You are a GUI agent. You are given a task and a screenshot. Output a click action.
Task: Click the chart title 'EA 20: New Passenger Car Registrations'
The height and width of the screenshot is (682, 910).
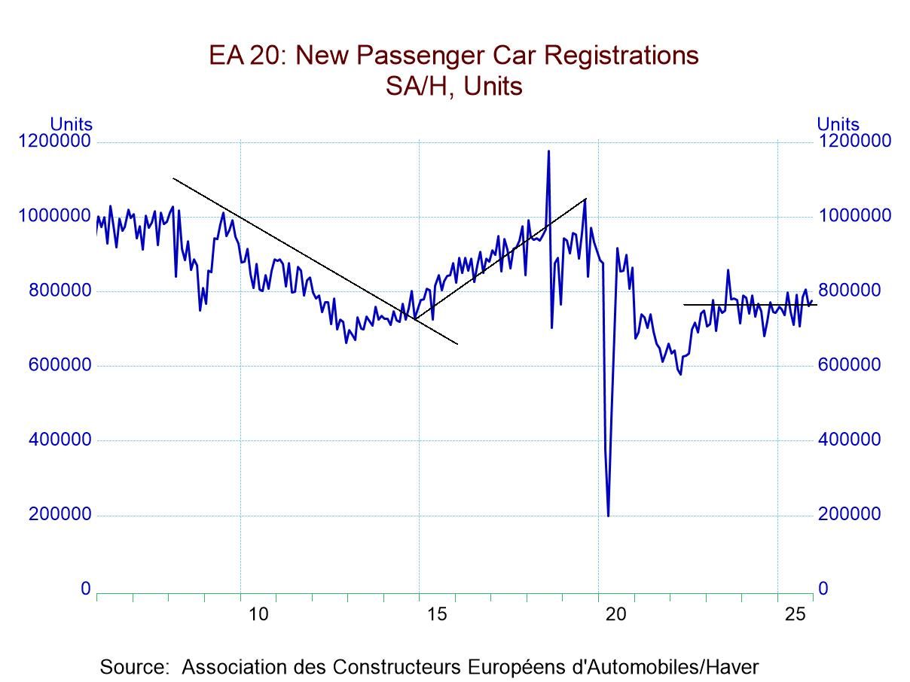[x=454, y=56]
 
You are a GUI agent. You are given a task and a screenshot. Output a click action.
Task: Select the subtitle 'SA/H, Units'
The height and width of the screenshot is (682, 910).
[x=454, y=87]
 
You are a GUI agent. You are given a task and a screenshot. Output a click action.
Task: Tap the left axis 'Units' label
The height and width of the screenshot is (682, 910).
[x=71, y=124]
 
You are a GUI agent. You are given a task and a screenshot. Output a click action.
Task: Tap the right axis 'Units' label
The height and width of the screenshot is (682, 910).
[x=838, y=124]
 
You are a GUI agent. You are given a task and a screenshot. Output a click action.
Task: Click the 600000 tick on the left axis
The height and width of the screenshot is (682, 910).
[x=60, y=365]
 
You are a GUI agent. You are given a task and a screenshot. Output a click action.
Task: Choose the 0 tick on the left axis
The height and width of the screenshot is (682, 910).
[x=86, y=589]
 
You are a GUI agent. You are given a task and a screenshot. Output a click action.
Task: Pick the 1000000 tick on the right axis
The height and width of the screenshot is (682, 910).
[x=854, y=216]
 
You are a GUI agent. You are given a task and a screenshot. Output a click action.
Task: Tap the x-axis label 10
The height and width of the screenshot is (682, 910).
[x=258, y=614]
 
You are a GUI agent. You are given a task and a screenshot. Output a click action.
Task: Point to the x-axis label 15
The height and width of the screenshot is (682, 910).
[x=438, y=614]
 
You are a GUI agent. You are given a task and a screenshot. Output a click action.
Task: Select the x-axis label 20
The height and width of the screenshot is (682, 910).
[x=616, y=614]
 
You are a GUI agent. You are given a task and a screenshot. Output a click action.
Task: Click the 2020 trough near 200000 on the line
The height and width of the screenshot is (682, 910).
[x=608, y=516]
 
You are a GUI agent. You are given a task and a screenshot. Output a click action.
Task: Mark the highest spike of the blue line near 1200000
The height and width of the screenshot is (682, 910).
[x=548, y=151]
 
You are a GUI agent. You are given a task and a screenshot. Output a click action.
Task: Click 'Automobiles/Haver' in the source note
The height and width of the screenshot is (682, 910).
[x=681, y=667]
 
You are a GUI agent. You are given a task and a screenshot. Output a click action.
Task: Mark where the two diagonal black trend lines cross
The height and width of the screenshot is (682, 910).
[x=415, y=318]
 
